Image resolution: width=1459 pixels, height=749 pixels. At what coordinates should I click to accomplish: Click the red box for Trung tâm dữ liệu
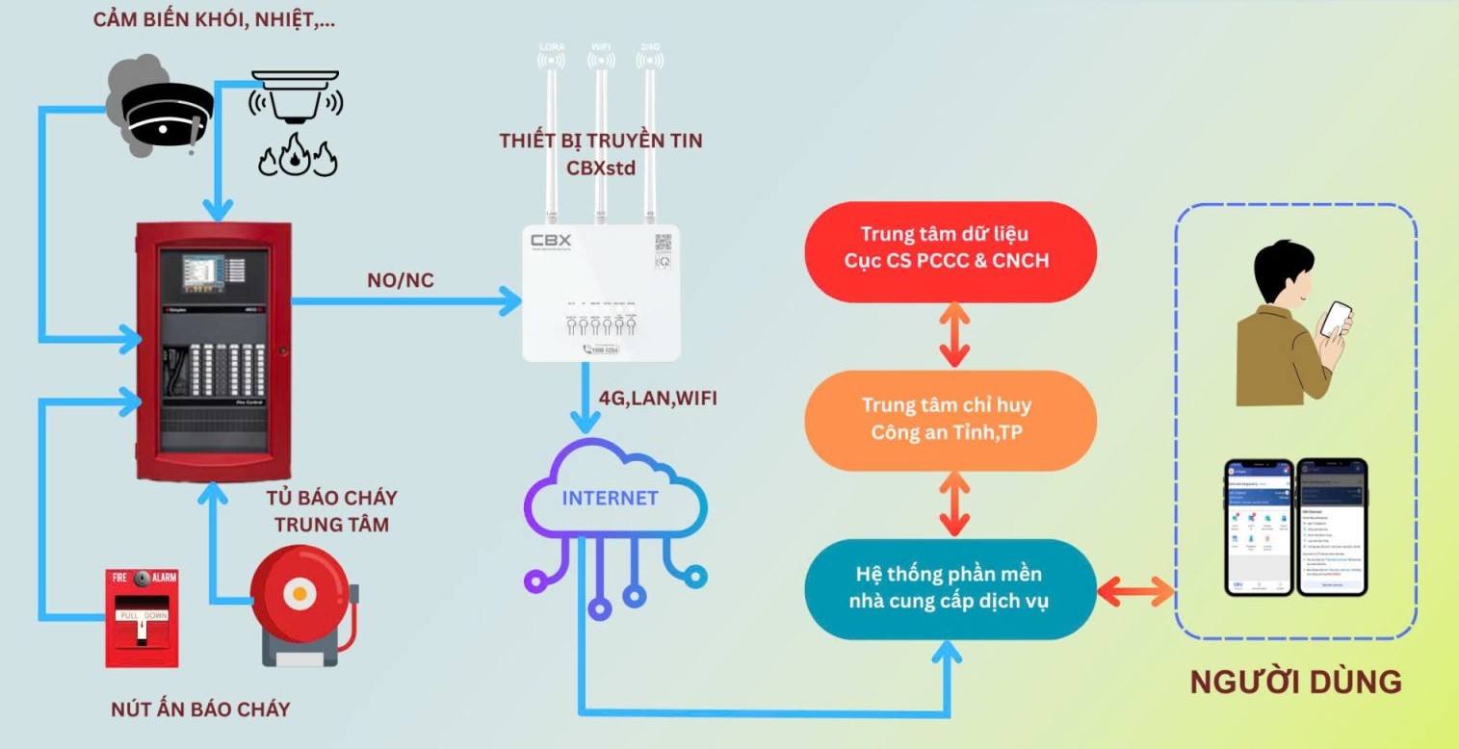[950, 247]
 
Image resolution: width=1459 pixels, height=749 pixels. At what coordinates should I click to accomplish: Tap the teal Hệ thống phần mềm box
[950, 587]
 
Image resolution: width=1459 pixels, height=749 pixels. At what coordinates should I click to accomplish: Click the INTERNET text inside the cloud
[610, 498]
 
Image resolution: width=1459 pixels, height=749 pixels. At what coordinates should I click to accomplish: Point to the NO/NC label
[400, 280]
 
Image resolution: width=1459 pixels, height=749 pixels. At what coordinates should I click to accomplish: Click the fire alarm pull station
[142, 616]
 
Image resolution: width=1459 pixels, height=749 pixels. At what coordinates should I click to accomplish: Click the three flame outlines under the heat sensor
[297, 158]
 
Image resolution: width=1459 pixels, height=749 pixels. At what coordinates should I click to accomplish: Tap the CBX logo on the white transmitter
[551, 240]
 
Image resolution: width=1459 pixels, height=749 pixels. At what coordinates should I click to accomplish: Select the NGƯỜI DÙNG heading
[1295, 682]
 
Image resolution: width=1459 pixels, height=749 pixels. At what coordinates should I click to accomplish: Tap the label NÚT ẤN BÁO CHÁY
[200, 710]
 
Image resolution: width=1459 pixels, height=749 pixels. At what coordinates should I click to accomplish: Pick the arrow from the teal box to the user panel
[1137, 589]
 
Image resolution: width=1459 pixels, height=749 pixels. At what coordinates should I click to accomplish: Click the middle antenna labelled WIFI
[601, 135]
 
